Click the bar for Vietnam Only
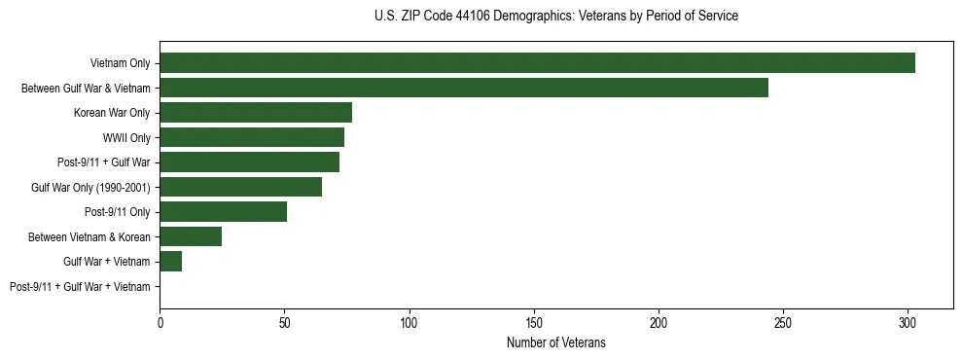(x=537, y=63)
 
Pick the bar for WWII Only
(x=252, y=137)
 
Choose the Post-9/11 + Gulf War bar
(x=249, y=162)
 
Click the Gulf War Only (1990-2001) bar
(x=240, y=187)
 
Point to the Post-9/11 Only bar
(x=223, y=211)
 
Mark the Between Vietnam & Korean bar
(x=191, y=236)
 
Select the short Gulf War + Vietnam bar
(x=171, y=261)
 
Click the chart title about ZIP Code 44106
(x=555, y=17)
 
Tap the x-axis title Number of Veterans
(x=555, y=342)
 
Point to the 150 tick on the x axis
(x=534, y=319)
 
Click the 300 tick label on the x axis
(x=908, y=319)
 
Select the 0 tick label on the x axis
(x=160, y=319)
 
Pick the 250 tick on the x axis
(x=783, y=319)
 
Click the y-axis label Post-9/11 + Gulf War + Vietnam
(x=80, y=286)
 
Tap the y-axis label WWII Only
(x=126, y=137)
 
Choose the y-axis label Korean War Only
(x=112, y=113)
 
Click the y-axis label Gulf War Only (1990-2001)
(x=90, y=187)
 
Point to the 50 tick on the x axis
(x=284, y=319)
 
